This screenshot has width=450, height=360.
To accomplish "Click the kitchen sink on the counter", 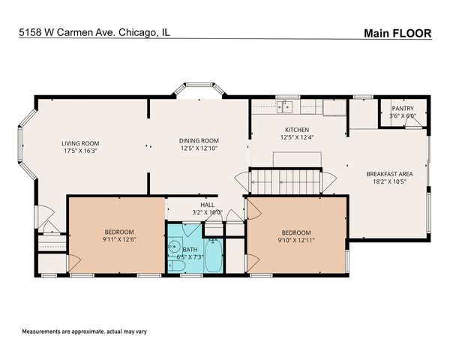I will point(285,107).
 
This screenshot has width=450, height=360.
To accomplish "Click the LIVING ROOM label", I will point(80,143).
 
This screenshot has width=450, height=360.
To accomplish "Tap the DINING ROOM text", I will point(199,140).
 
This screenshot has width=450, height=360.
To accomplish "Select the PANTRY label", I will point(403,108).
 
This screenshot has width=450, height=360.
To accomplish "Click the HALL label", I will point(207,204).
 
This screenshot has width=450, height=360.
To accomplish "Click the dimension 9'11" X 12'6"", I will point(118,239).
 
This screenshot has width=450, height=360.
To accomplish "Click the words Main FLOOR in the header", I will point(397,32).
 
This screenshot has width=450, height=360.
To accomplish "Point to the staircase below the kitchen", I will point(286,181).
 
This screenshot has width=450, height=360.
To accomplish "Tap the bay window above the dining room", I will point(199,91).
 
